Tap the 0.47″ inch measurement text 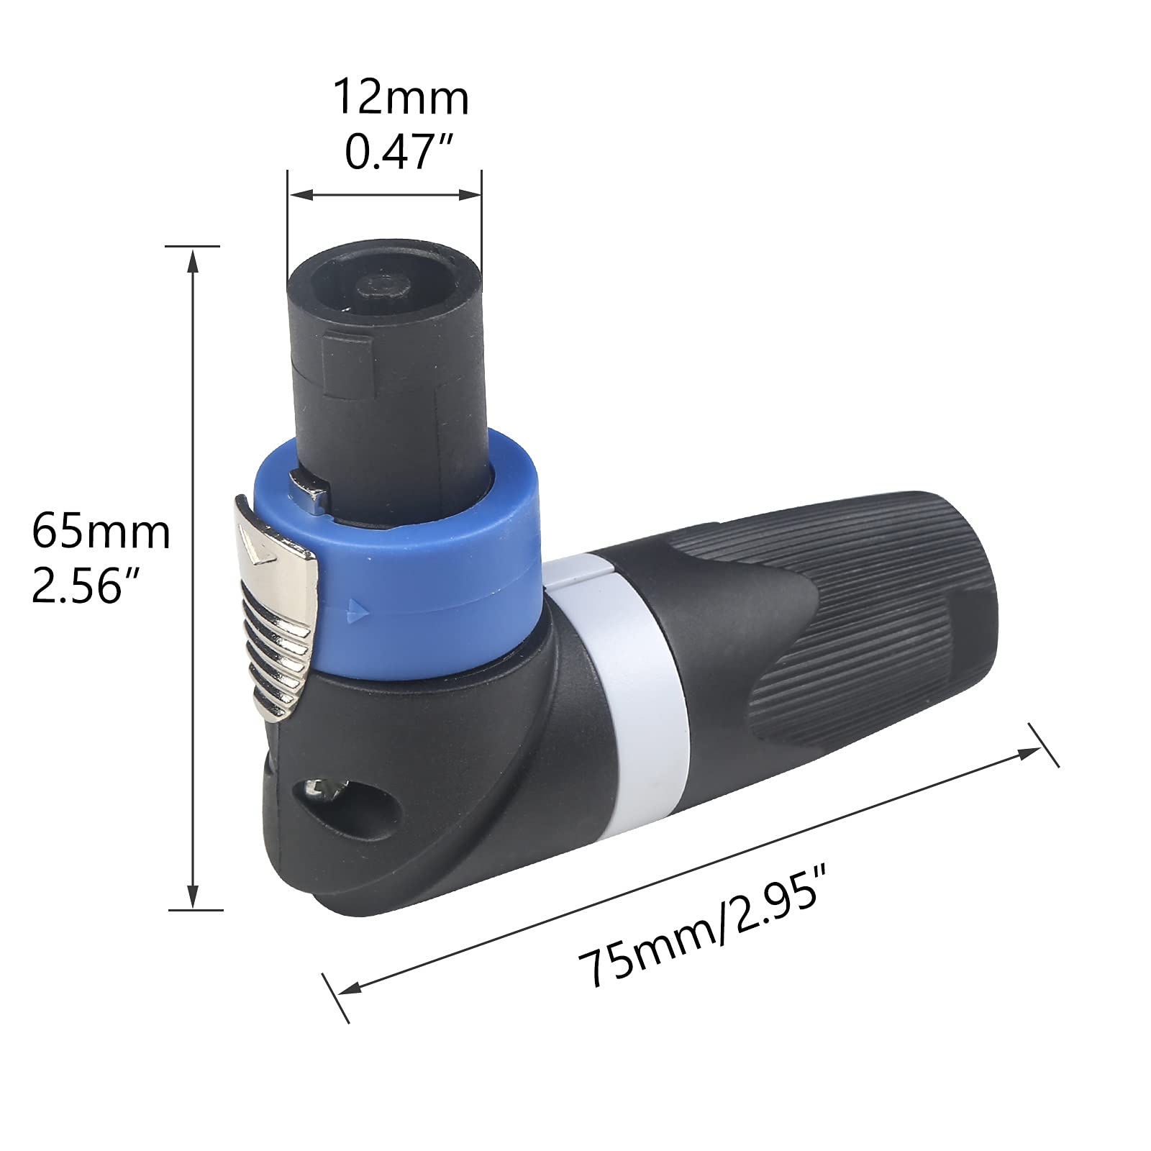[x=400, y=152]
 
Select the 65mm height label [x=101, y=533]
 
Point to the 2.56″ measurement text [x=85, y=587]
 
